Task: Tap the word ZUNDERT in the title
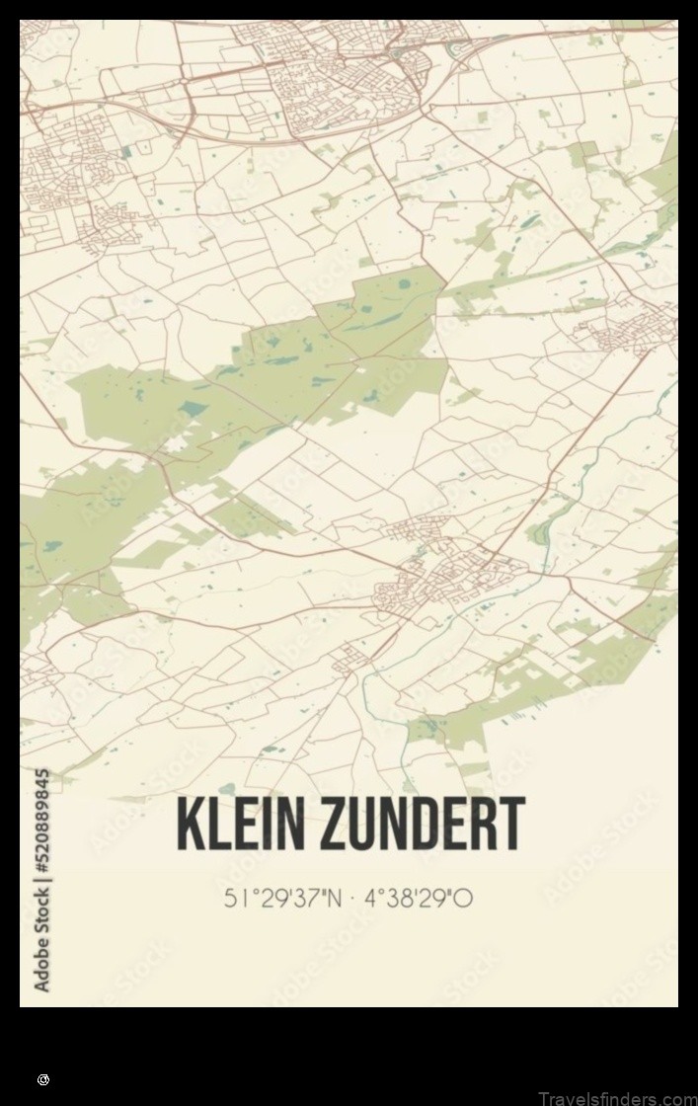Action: point(424,824)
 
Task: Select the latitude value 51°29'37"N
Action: point(283,898)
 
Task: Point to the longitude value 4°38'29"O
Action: point(419,898)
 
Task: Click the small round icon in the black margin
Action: point(42,1080)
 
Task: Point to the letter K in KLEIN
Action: point(191,824)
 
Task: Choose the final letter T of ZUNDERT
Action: point(511,824)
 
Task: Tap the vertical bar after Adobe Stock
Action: point(41,882)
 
